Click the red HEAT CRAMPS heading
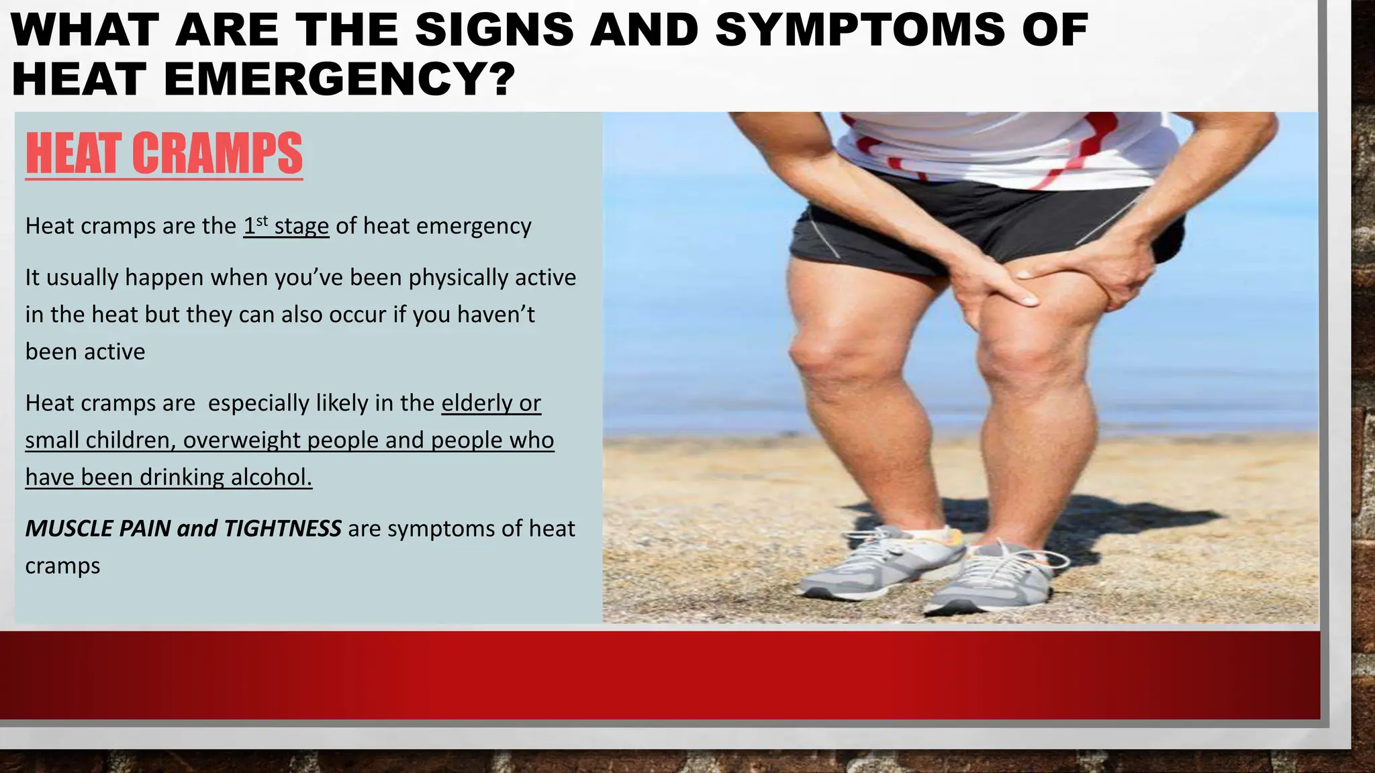(164, 154)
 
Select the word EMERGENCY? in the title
(339, 79)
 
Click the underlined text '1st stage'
(286, 226)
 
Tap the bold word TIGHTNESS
(282, 529)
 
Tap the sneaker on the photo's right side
(994, 577)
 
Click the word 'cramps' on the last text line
(62, 566)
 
